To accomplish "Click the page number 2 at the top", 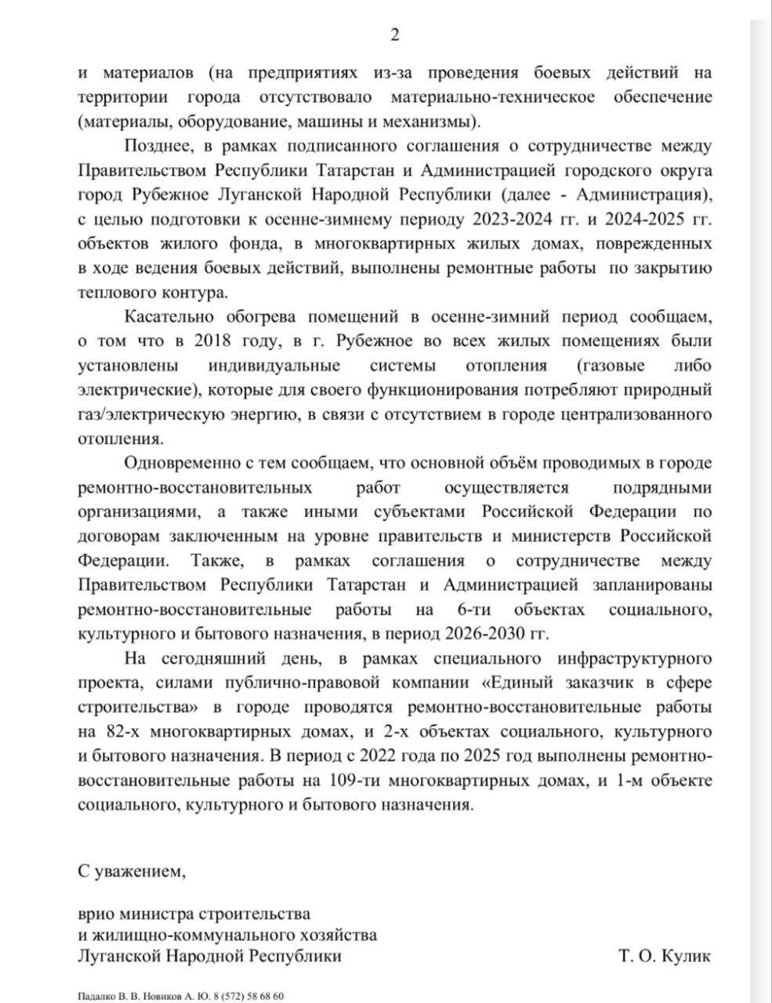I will (x=395, y=34).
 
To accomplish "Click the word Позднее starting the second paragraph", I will (x=157, y=147).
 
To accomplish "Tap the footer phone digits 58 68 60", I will (x=265, y=996).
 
